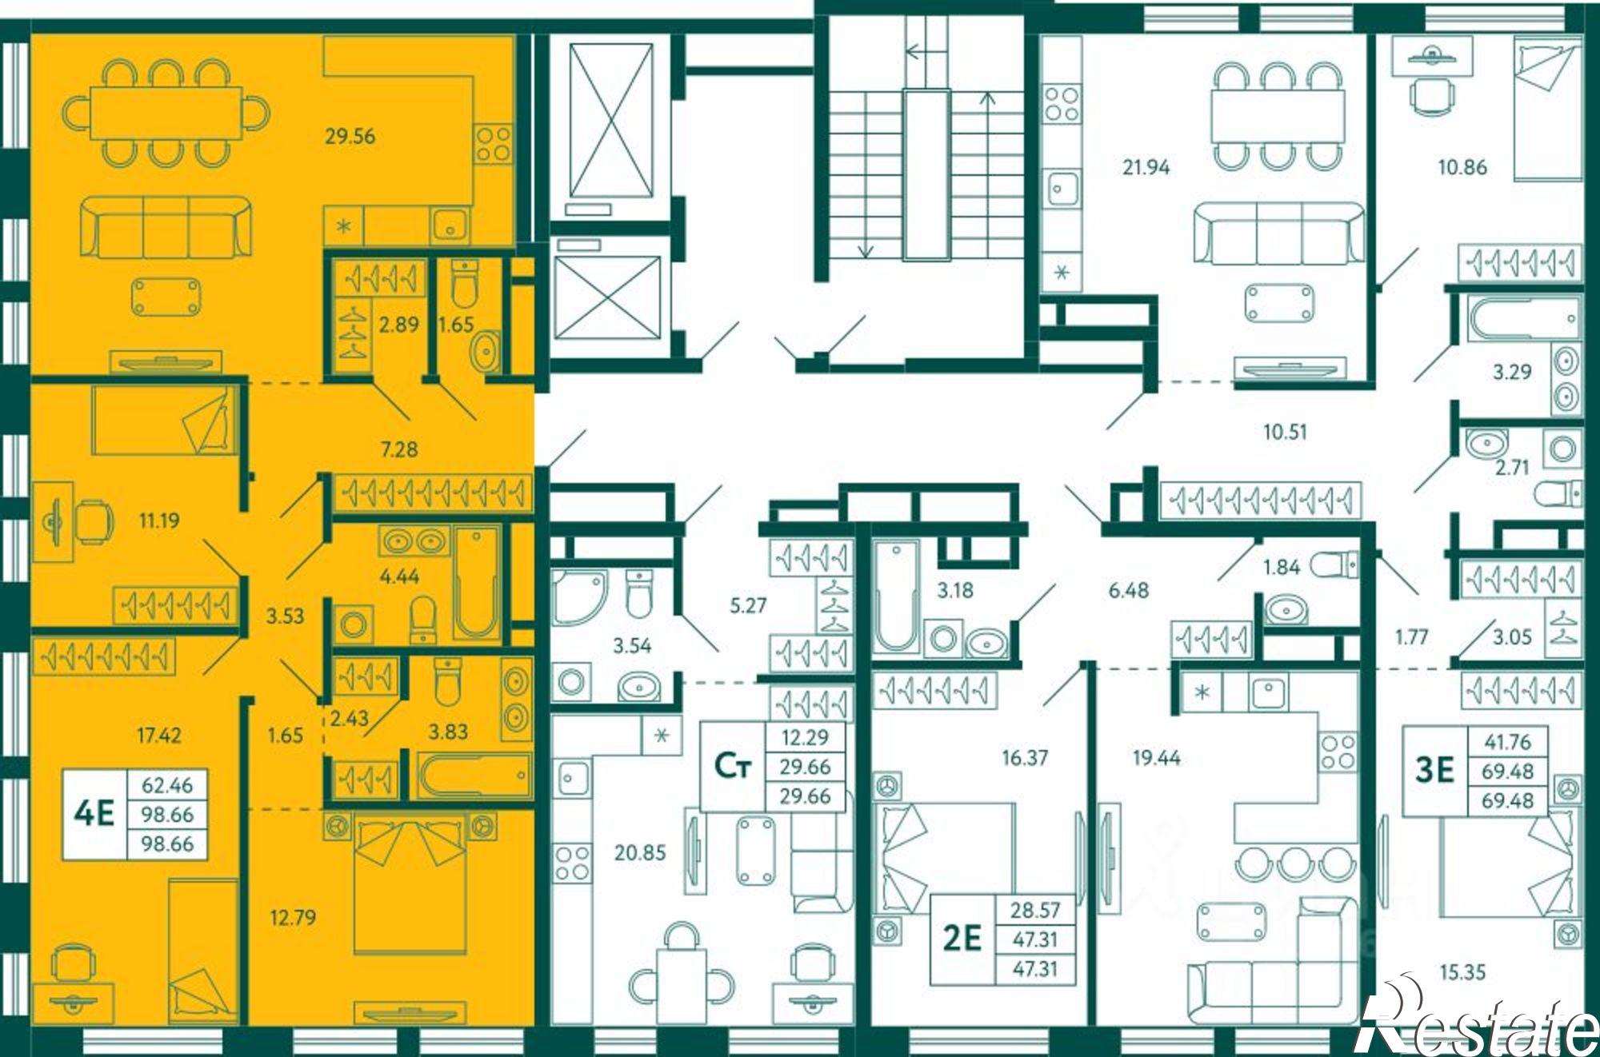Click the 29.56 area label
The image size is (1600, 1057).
[x=350, y=137]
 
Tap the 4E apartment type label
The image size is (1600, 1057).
[x=94, y=814]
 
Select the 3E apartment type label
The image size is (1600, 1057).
[x=1434, y=770]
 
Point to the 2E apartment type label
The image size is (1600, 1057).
[x=962, y=938]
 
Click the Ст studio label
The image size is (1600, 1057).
[x=733, y=766]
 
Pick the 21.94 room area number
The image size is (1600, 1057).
[x=1146, y=167]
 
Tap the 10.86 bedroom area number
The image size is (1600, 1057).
[x=1462, y=167]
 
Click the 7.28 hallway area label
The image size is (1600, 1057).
[x=399, y=449]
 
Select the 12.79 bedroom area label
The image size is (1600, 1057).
[x=293, y=917]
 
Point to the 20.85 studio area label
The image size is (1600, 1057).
[x=640, y=853]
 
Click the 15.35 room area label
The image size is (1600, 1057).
[x=1462, y=972]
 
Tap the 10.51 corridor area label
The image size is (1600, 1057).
[x=1285, y=432]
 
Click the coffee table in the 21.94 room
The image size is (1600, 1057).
[x=1279, y=303]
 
